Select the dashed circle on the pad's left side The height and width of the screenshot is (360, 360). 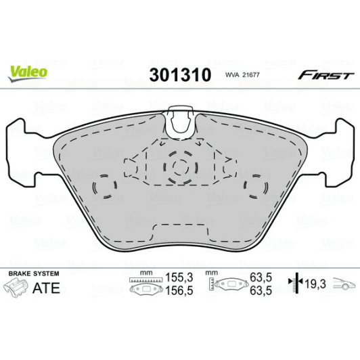click(104, 187)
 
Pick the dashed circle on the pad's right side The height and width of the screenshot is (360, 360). click(256, 187)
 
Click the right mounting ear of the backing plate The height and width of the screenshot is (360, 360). click(342, 145)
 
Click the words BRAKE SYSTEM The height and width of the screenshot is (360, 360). click(32, 273)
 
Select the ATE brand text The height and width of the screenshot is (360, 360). click(46, 288)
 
